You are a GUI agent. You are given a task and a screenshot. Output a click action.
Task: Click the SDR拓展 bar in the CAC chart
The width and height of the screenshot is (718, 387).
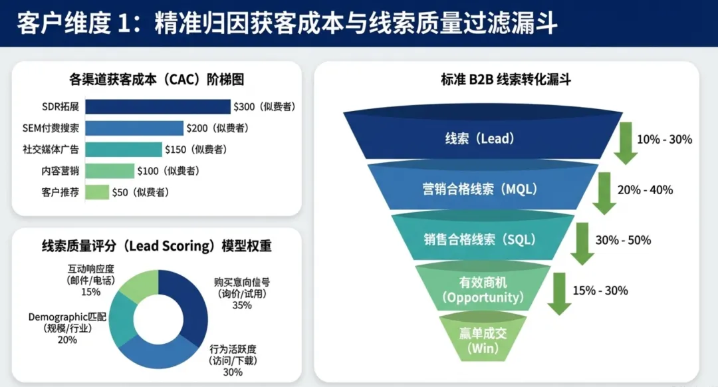click(x=158, y=106)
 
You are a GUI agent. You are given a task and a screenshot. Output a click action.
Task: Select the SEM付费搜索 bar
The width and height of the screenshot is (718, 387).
click(x=134, y=128)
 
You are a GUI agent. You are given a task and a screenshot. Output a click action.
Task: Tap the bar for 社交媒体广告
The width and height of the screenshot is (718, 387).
click(x=123, y=150)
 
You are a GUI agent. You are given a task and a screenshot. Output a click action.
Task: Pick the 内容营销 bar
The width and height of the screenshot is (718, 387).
click(x=109, y=171)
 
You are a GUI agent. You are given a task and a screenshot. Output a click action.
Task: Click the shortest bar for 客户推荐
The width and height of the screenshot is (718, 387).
click(x=97, y=192)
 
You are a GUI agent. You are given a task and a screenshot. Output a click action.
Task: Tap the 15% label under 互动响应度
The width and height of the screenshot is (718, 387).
click(x=91, y=292)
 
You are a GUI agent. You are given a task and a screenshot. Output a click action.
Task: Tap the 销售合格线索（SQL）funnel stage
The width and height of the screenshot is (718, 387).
click(x=479, y=239)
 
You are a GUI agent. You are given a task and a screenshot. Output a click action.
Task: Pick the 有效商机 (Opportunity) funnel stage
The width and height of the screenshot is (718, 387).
click(x=483, y=290)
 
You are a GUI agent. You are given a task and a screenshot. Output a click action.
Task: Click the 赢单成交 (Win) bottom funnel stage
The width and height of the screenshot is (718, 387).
click(x=483, y=340)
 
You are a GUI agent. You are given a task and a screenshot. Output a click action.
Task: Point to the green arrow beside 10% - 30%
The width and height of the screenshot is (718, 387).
click(x=626, y=142)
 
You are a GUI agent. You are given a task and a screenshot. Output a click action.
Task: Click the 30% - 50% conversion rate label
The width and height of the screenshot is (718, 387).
click(x=623, y=240)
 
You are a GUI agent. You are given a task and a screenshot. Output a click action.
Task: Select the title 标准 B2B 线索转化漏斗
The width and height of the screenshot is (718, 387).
click(x=505, y=80)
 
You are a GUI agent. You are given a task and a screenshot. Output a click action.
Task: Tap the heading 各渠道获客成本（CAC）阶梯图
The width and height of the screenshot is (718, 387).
click(x=156, y=80)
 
